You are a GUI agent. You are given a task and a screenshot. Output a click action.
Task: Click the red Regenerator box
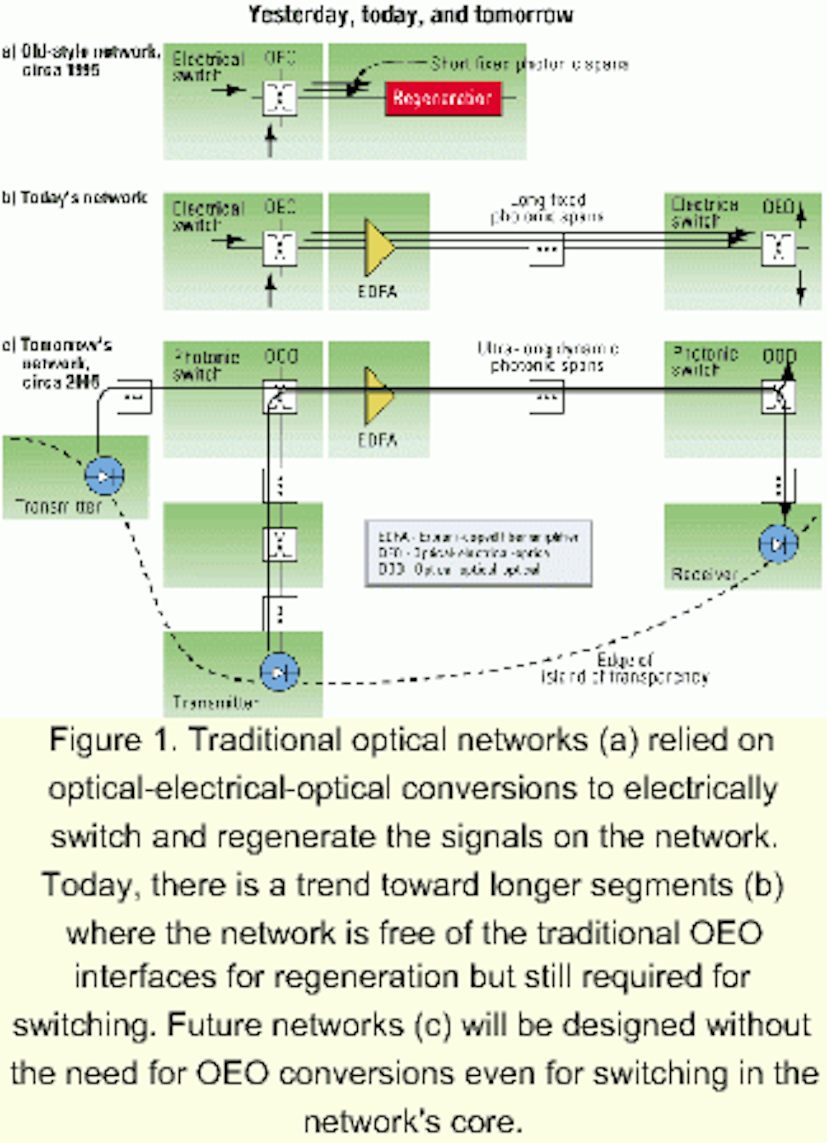coord(443,99)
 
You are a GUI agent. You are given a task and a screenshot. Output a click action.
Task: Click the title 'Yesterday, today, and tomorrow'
coord(410,15)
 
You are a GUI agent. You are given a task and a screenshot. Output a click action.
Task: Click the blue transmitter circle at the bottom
coord(279,672)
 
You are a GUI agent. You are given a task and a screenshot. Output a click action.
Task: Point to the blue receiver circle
coord(778,543)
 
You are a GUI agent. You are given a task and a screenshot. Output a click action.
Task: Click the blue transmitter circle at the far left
coord(104,476)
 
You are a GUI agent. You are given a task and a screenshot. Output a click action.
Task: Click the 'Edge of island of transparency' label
coord(625,668)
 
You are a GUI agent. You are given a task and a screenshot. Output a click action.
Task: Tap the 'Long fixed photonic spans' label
coord(547,209)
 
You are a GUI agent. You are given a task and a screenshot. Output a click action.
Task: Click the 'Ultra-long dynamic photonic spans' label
coord(547,357)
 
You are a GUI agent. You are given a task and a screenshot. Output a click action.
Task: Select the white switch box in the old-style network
coord(280,98)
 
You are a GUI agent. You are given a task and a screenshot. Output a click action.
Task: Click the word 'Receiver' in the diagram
coord(704,574)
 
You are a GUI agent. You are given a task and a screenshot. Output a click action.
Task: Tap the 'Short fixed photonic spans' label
coord(528,64)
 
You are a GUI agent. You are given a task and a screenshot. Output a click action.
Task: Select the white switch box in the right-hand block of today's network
coord(778,248)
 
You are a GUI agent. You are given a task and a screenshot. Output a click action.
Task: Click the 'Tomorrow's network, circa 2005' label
coord(57,363)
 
